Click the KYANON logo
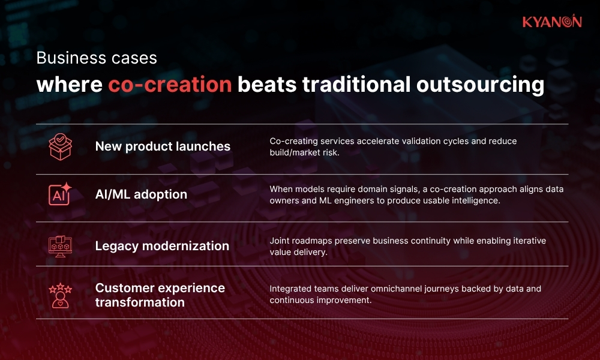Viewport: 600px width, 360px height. coord(551,22)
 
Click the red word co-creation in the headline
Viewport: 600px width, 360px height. coord(170,85)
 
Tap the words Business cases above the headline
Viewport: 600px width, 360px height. coord(97,58)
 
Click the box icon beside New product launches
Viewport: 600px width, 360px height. coord(60,146)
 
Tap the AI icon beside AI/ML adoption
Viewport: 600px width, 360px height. coord(60,194)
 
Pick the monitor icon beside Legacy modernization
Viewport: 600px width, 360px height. coord(60,245)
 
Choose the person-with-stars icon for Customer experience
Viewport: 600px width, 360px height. coord(60,295)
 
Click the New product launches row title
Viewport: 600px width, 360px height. coord(163,146)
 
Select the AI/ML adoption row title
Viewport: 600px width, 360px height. coord(141,194)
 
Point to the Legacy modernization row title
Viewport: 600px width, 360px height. coord(162,246)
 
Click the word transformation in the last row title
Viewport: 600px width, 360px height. coord(140,302)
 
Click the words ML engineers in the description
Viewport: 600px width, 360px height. coord(340,200)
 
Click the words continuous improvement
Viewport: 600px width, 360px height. coord(320,300)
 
